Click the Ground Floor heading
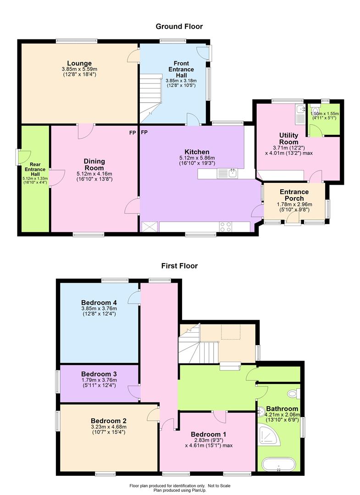[x=179, y=27]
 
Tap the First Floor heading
[x=179, y=266]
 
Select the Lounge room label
[x=79, y=63]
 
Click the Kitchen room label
[x=197, y=152]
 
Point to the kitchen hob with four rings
[x=225, y=227]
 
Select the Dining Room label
[x=94, y=165]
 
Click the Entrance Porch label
[x=294, y=195]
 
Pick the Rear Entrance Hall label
[x=35, y=169]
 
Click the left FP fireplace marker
[x=133, y=132]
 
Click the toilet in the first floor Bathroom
[x=294, y=393]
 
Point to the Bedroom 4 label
[x=99, y=303]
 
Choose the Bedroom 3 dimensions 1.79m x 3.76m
[x=99, y=380]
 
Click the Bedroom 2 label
[x=109, y=421]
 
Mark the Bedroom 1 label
[x=208, y=434]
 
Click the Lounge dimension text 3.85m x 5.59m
[x=80, y=69]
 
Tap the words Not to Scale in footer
[x=219, y=485]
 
